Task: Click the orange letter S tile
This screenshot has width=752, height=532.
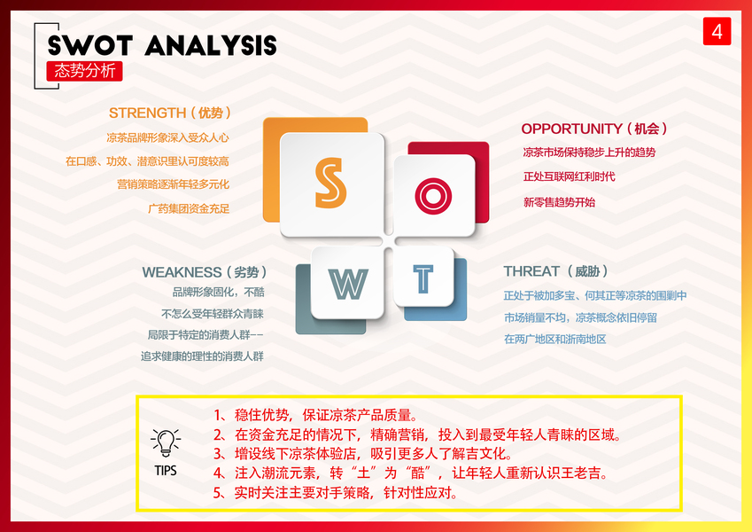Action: click(x=332, y=184)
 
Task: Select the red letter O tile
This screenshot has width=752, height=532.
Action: click(x=433, y=195)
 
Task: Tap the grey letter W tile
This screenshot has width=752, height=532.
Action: click(x=348, y=283)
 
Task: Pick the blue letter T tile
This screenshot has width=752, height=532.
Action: click(x=423, y=277)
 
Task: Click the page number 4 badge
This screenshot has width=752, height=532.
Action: click(x=717, y=31)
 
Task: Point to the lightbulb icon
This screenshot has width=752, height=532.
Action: click(x=166, y=442)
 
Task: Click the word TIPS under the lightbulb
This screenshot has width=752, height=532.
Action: click(x=166, y=471)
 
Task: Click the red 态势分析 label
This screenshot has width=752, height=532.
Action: click(x=84, y=71)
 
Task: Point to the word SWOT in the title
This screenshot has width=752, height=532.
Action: click(x=90, y=45)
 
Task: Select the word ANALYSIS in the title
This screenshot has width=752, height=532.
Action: click(x=211, y=45)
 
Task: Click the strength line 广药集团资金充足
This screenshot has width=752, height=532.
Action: click(x=189, y=209)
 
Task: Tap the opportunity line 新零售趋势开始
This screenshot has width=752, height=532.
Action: click(x=559, y=202)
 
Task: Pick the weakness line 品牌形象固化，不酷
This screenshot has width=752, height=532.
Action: click(x=218, y=292)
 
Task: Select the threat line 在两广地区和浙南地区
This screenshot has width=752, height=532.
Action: click(x=554, y=339)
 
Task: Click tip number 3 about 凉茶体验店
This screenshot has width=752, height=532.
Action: click(x=363, y=454)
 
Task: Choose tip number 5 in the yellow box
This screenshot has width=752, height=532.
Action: click(x=336, y=493)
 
